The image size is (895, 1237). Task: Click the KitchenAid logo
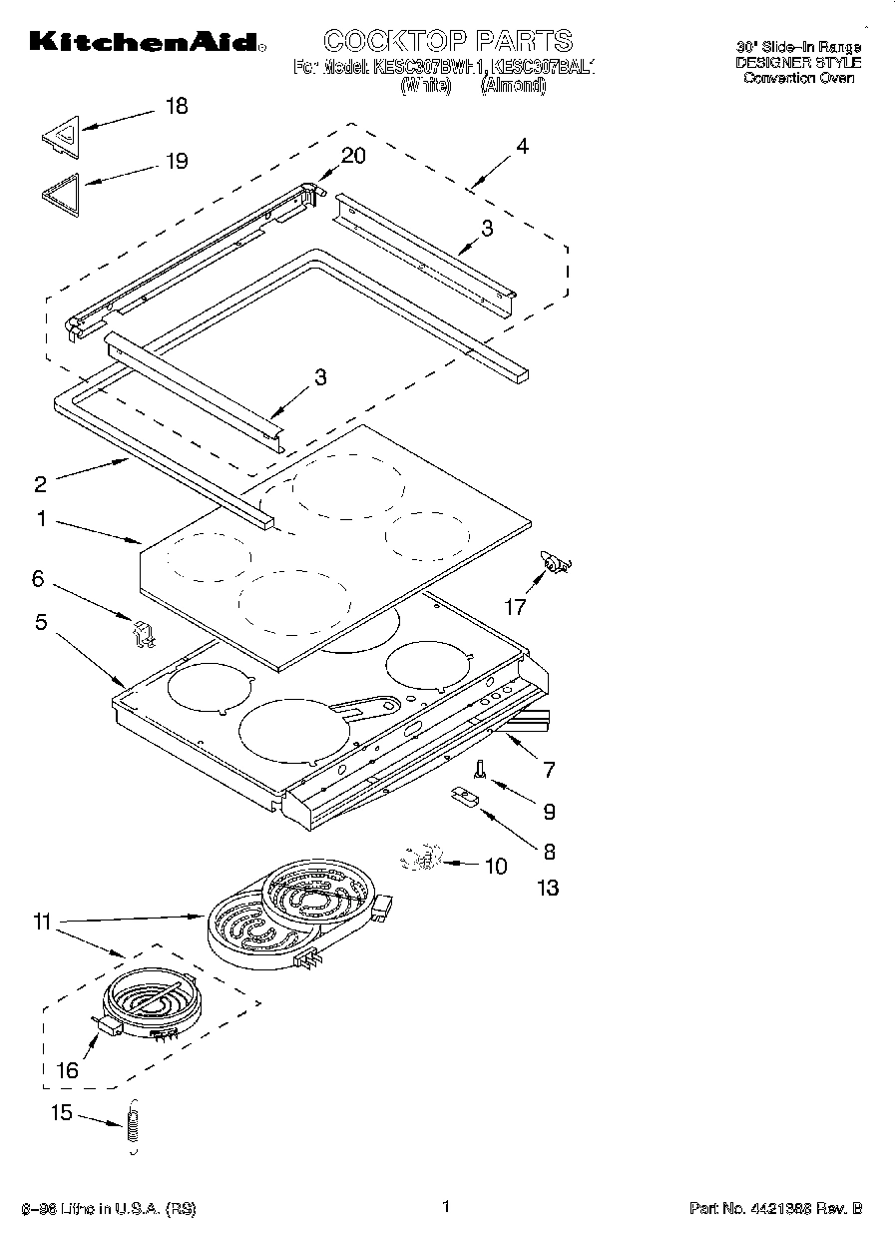146,41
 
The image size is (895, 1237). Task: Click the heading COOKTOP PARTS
448,40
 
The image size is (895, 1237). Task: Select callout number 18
176,107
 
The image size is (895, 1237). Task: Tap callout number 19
176,162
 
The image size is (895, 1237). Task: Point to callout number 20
353,156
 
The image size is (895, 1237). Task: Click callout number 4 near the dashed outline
522,146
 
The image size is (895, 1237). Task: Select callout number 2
40,485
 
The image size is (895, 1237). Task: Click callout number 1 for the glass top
41,518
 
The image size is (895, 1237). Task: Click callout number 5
41,622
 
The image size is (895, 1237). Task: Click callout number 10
495,866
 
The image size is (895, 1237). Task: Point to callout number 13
548,888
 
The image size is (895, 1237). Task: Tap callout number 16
67,1070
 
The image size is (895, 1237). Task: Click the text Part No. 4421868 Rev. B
774,1209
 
